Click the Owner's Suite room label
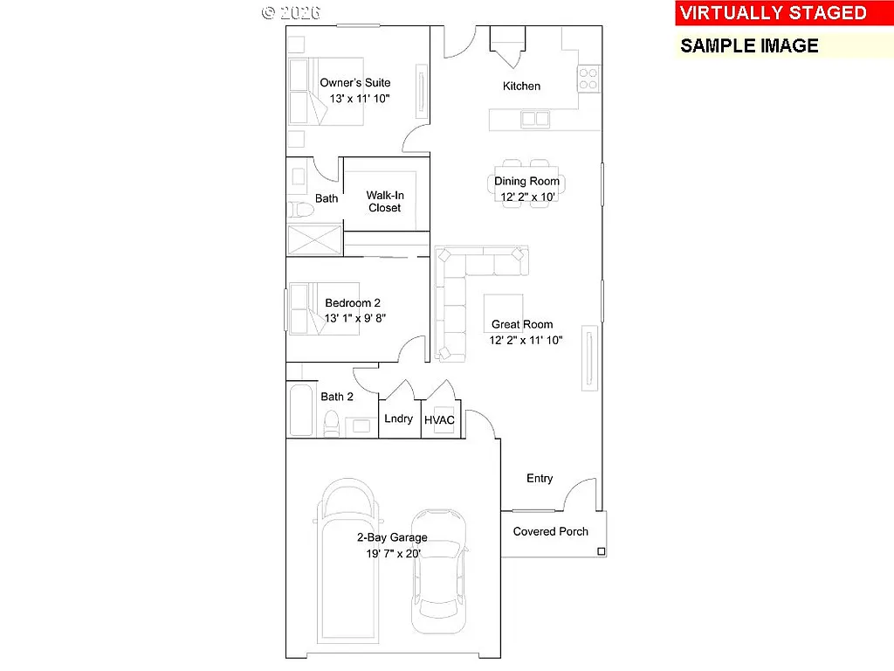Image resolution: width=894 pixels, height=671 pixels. [x=354, y=83]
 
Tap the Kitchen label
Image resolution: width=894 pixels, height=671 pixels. [x=521, y=86]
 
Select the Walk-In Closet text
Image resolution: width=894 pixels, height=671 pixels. [x=384, y=202]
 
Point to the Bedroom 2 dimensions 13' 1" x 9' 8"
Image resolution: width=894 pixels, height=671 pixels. [x=354, y=319]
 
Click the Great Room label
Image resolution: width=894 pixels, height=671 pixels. [x=522, y=325]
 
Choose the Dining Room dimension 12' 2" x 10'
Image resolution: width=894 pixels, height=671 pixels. [x=526, y=197]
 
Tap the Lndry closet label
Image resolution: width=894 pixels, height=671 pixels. [x=398, y=419]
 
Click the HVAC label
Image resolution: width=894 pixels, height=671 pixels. [x=439, y=420]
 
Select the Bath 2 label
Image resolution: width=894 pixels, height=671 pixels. [x=337, y=397]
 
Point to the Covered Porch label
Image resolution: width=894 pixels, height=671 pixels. [x=550, y=531]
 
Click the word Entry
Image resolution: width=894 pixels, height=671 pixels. [x=540, y=478]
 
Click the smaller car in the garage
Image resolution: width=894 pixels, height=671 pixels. [x=439, y=572]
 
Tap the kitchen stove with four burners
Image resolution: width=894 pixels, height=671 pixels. [x=588, y=80]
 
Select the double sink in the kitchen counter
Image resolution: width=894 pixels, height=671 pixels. [x=535, y=119]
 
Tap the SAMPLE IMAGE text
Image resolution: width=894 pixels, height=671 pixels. [x=749, y=46]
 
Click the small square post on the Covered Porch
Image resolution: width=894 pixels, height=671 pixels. [x=601, y=551]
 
